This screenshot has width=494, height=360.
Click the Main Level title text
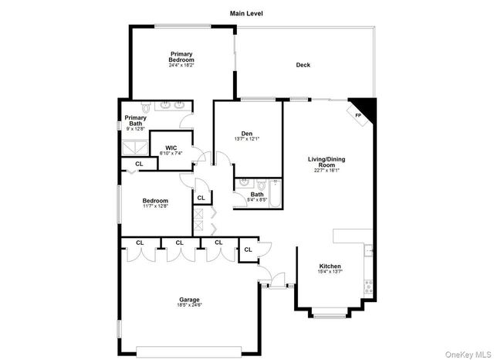(246, 13)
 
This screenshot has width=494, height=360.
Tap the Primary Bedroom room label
(181, 56)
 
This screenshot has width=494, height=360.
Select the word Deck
(303, 65)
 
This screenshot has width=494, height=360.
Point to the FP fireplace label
(357, 117)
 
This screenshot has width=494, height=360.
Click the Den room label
(247, 134)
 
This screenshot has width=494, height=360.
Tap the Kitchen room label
(330, 267)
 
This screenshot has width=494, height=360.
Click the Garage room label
(190, 299)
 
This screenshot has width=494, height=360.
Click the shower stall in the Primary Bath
(134, 147)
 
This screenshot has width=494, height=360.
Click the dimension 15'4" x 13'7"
(330, 272)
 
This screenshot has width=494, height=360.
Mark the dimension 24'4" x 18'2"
(181, 65)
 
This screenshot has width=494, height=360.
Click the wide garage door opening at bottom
(188, 347)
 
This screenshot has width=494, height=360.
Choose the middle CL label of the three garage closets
(179, 243)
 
